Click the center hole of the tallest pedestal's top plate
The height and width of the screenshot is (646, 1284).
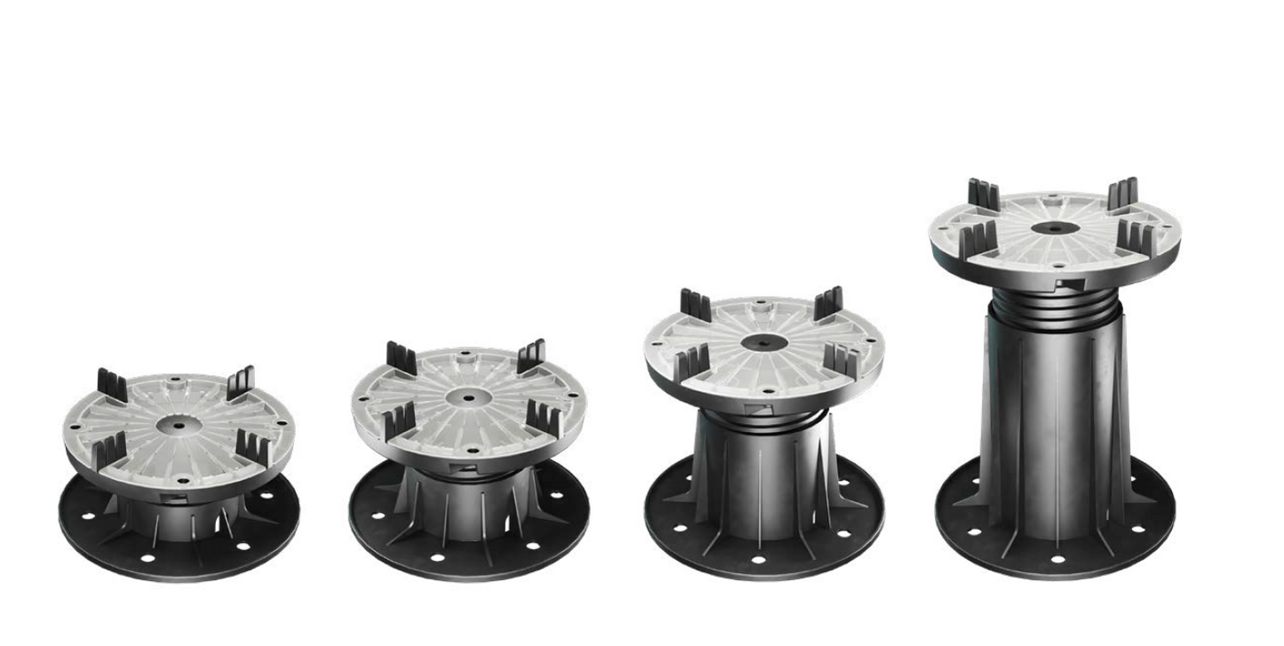pyautogui.click(x=1054, y=227)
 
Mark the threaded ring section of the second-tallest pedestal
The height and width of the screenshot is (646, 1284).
pyautogui.click(x=762, y=419)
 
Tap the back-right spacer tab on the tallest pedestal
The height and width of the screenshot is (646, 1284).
pyautogui.click(x=1124, y=193)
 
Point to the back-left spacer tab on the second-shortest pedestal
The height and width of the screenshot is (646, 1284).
pyautogui.click(x=402, y=358)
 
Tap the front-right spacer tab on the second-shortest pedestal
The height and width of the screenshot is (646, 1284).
pyautogui.click(x=541, y=417)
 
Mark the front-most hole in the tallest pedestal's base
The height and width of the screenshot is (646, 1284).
pyautogui.click(x=1057, y=559)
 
